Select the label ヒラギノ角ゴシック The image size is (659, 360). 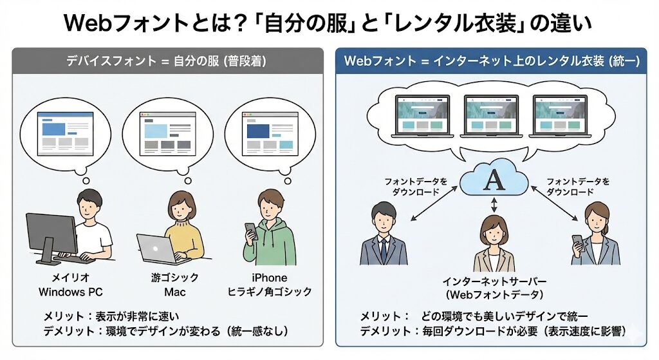(270, 292)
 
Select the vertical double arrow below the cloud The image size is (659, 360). (494, 205)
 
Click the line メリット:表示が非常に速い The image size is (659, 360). (111, 316)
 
